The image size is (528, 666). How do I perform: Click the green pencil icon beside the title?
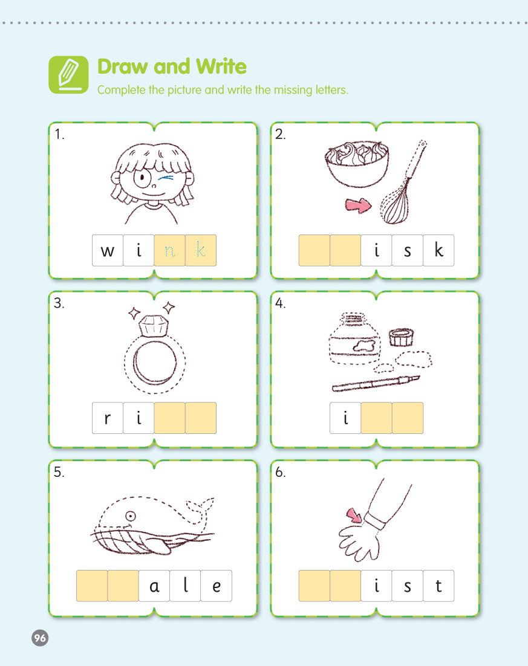pos(68,75)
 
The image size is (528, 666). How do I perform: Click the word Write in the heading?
pos(221,66)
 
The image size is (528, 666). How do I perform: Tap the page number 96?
pos(40,638)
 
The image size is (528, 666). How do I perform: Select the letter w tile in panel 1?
pos(108,250)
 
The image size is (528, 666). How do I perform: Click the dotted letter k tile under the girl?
pos(201,250)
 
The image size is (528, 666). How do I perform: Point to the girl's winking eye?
pos(168,178)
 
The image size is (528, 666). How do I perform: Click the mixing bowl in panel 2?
pos(357,164)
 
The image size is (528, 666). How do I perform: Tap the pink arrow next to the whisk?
pos(358,205)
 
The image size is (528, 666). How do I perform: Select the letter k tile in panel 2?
pos(438,250)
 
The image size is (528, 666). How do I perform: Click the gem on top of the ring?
pos(154,326)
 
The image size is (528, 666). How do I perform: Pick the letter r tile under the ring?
pos(108,418)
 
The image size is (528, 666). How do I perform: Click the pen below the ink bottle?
pos(376,383)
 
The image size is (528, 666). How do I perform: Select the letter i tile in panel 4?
pos(345,418)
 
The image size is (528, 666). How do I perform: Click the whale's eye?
pos(131,516)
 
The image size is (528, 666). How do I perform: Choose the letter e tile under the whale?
pos(217,586)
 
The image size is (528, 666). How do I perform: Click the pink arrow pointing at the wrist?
pos(354,516)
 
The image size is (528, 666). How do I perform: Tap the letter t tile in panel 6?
pos(438,586)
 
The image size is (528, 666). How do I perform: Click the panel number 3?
pos(59,303)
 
